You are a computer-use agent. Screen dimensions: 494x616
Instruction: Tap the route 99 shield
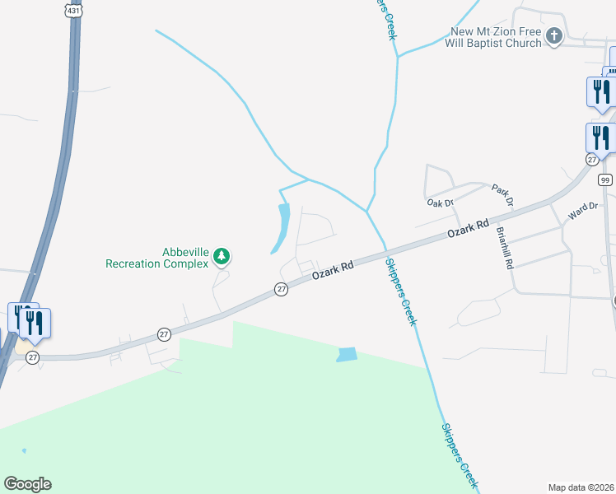(x=605, y=179)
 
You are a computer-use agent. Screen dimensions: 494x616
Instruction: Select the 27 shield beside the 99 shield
(x=592, y=159)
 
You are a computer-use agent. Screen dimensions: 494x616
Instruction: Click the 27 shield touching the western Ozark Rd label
(x=282, y=289)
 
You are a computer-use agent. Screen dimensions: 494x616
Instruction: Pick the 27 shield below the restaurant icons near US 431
(x=32, y=357)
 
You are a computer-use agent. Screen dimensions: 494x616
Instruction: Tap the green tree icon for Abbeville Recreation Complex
(x=222, y=257)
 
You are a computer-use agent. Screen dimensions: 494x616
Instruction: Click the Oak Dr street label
(x=441, y=202)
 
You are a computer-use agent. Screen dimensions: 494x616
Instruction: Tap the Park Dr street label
(x=502, y=195)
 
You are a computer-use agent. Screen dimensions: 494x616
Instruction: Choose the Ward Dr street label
(x=582, y=214)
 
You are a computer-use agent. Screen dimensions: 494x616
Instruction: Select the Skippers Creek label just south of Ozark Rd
(x=401, y=291)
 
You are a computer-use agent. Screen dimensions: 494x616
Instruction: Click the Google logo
(x=27, y=484)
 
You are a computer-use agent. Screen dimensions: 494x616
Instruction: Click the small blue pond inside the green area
(x=347, y=355)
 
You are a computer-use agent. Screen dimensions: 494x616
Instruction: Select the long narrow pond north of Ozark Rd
(x=282, y=228)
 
